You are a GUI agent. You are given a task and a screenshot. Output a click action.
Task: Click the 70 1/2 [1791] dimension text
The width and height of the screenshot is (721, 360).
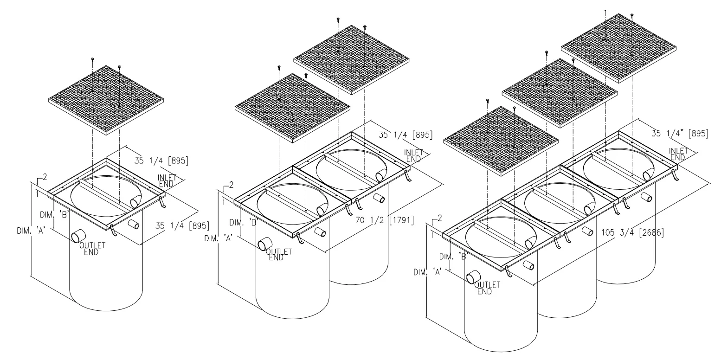click(385, 220)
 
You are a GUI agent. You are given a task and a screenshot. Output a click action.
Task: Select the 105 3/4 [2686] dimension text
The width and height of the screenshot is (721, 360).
click(632, 232)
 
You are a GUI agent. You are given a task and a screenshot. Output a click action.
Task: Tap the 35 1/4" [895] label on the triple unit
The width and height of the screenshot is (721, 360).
click(680, 134)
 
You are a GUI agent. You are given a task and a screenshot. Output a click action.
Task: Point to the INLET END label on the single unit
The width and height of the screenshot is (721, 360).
click(167, 181)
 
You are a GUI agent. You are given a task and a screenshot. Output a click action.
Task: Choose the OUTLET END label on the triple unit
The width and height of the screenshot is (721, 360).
click(487, 288)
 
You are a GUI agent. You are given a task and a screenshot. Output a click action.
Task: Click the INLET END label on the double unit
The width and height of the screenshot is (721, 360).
click(413, 156)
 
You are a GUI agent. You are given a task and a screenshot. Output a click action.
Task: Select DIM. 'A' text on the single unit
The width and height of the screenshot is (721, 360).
click(31, 231)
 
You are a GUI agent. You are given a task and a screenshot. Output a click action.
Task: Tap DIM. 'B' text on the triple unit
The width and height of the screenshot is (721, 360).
click(453, 257)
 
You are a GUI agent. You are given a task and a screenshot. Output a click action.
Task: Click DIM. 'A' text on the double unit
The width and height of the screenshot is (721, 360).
click(219, 238)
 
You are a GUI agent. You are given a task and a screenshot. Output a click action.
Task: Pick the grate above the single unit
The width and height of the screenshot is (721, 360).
click(106, 100)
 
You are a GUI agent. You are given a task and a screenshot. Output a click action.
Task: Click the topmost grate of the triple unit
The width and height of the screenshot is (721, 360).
click(618, 48)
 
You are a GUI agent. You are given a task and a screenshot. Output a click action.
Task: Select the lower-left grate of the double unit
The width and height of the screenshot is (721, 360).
click(292, 108)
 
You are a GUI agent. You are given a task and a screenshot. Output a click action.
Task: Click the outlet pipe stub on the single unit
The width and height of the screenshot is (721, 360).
click(77, 237)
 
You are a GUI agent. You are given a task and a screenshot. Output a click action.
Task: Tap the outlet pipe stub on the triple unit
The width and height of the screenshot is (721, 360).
click(473, 277)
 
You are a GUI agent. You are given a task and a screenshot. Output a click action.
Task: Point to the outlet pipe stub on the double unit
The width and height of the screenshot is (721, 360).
click(264, 244)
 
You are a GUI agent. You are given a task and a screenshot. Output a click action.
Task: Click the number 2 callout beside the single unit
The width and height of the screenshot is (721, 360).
click(45, 177)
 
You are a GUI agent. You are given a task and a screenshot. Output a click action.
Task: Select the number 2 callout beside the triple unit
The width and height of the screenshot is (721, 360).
click(440, 219)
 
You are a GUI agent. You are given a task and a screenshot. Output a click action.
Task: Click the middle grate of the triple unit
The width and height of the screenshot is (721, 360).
click(560, 93)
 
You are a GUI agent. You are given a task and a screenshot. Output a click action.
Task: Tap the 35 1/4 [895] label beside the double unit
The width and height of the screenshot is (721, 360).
click(405, 135)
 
